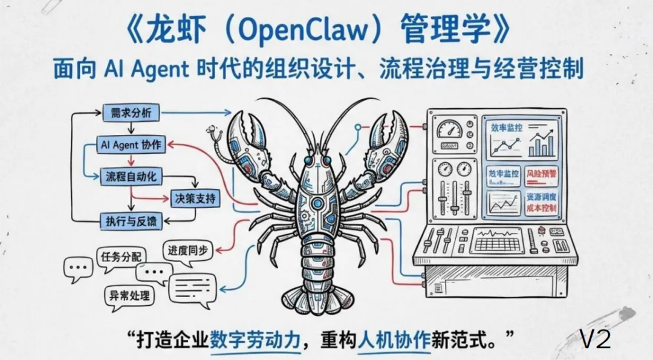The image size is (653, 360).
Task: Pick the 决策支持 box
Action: (x=194, y=198)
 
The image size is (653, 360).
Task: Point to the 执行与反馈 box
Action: (x=131, y=221)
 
